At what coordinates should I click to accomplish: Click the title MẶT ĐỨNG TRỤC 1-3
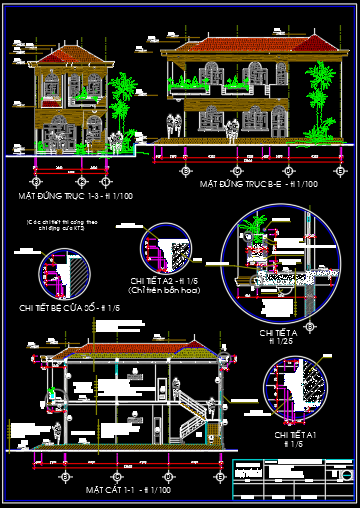(76, 196)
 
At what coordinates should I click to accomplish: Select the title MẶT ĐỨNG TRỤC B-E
(259, 185)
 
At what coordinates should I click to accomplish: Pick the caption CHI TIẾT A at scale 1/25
(279, 335)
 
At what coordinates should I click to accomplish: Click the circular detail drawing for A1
(296, 391)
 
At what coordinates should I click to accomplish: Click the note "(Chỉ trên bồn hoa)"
(166, 290)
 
